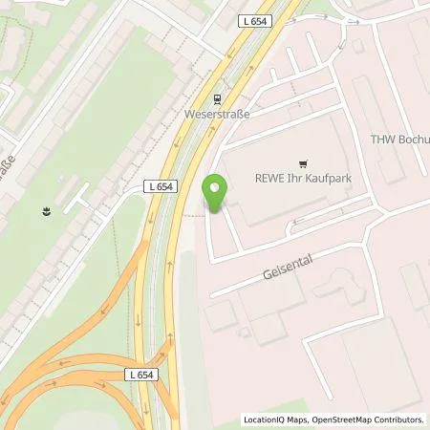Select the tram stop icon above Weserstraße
[x=218, y=97]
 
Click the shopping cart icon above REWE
[x=305, y=164]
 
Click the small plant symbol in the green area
[x=46, y=208]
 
